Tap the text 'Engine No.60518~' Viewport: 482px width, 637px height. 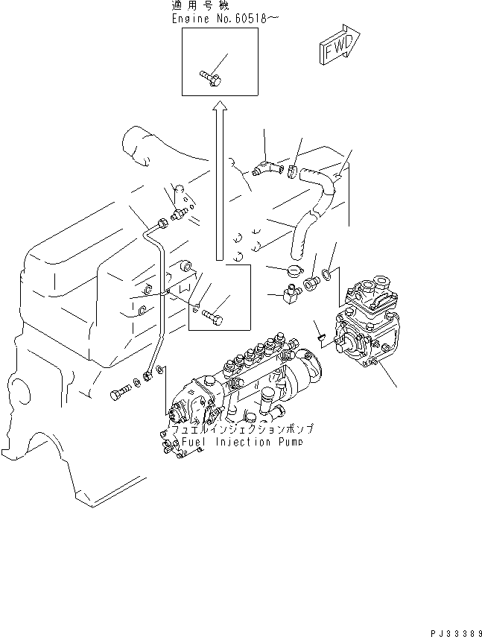click(215, 19)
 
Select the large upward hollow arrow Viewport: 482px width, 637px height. click(219, 180)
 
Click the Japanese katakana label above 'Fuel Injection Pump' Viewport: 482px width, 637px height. click(243, 430)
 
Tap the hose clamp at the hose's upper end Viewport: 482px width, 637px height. click(293, 172)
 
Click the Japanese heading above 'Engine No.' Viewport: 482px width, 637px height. click(196, 6)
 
